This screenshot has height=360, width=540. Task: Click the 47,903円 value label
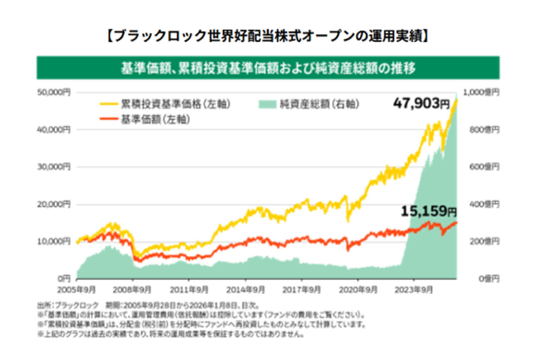point(421,103)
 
